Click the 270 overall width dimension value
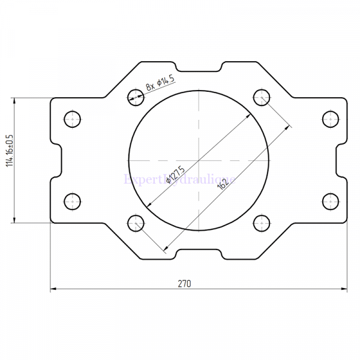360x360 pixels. click(185, 283)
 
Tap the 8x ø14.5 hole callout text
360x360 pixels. click(160, 83)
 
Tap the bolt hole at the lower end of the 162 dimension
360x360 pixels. click(136, 223)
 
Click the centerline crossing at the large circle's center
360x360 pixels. click(199, 160)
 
